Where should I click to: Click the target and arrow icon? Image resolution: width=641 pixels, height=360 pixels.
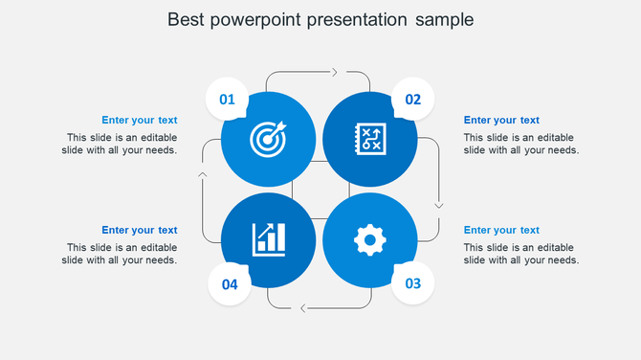coord(268,140)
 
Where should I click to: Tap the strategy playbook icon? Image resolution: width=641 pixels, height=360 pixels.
coord(369,139)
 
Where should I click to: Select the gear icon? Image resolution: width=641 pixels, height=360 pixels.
coord(369,239)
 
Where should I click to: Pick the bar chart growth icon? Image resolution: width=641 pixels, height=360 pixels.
coord(268,239)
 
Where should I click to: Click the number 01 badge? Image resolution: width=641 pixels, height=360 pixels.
coord(228,99)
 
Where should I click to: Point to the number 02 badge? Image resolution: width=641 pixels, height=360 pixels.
coord(413,99)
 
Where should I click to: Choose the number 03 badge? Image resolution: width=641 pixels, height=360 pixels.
coord(413,283)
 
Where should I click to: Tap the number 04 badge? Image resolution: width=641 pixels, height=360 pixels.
coord(230,284)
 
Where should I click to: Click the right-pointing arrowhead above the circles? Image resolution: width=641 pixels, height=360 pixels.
coord(334,72)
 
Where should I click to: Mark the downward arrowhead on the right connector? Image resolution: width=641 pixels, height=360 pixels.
coord(439,204)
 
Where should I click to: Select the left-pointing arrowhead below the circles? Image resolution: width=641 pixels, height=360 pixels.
coord(303,307)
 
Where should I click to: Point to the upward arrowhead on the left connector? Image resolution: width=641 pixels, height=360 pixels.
coord(202,174)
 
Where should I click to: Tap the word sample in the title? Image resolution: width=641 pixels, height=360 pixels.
coord(444,19)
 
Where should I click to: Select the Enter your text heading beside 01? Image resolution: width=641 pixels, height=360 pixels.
coord(140,120)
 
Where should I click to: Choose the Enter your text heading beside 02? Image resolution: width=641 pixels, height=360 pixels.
coord(501,120)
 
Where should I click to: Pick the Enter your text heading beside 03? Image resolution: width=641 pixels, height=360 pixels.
coord(501,230)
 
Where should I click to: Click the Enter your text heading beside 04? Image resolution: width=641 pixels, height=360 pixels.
coord(140,230)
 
